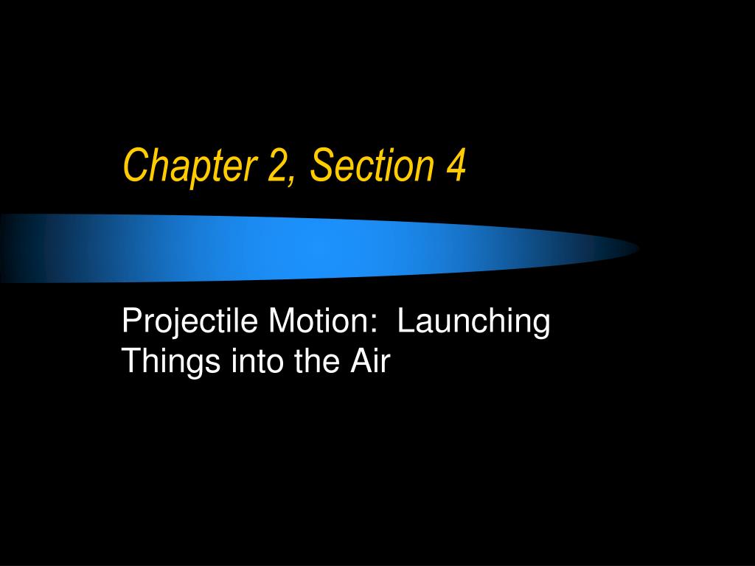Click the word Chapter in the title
(x=190, y=166)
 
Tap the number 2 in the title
(x=277, y=164)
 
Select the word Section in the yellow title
(x=372, y=164)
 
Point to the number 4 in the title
(x=456, y=164)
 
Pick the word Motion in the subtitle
(x=314, y=321)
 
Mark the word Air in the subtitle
(x=369, y=361)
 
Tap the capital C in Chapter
(x=136, y=164)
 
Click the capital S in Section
(x=323, y=164)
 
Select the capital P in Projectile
(x=133, y=321)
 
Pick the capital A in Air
(x=362, y=361)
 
